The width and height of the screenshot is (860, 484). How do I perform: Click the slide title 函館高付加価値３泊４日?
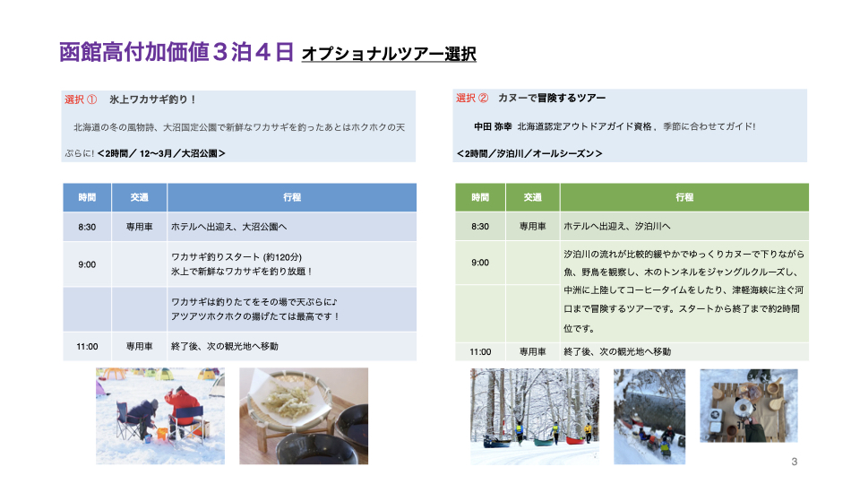pos(176,53)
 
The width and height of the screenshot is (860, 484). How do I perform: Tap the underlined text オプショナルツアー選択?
pos(389,55)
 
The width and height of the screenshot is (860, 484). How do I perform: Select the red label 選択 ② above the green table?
pos(472,98)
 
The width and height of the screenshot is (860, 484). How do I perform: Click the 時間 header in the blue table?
pos(87,197)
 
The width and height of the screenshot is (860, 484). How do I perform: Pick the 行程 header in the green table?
pos(684,197)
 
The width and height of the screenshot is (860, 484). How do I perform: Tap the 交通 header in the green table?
pos(532,197)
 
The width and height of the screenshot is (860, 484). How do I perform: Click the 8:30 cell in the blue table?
pos(87,227)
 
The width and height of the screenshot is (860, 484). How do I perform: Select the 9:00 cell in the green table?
pos(480,263)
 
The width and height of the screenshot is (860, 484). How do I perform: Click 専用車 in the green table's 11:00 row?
pos(532,351)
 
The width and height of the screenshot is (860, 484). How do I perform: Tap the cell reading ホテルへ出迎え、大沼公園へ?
pos(229,227)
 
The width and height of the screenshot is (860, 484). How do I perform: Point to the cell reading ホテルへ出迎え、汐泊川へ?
pos(616,226)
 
